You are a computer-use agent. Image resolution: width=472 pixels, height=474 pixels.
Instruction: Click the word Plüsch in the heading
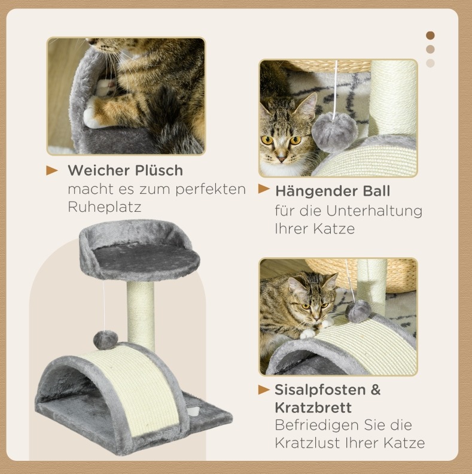point(159,171)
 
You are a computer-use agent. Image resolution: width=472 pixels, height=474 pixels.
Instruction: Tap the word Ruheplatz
point(105,207)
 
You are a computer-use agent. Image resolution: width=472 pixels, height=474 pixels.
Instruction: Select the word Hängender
point(316,191)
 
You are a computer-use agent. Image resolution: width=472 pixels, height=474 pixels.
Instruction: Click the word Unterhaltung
point(374,211)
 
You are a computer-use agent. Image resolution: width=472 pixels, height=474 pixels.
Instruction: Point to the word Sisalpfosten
point(320,390)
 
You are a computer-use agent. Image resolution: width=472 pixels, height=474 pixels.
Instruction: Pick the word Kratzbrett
point(313,408)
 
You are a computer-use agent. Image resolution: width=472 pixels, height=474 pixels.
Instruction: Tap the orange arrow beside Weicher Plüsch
point(51,170)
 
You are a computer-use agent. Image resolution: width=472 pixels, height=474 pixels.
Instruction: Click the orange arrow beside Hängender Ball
point(264,189)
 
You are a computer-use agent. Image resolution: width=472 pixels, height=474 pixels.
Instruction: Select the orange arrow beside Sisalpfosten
point(264,390)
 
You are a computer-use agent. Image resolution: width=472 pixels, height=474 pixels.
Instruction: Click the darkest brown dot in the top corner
point(430,35)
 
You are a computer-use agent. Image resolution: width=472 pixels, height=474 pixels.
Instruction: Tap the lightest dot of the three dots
point(430,63)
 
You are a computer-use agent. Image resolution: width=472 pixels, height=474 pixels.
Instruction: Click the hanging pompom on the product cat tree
point(105,340)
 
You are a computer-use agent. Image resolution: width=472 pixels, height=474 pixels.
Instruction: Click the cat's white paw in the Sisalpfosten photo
point(307,333)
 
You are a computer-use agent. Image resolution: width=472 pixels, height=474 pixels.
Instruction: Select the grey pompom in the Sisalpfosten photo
point(358,311)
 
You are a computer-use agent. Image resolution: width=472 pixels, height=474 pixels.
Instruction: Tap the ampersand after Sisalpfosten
point(376,390)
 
